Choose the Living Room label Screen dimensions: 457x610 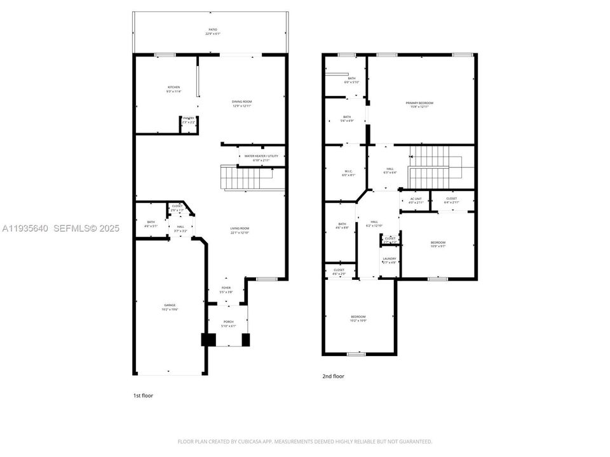(240, 230)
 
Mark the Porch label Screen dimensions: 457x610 (227, 324)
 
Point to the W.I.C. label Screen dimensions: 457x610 (348, 172)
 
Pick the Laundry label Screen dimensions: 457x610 (390, 260)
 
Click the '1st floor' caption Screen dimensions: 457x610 (143, 395)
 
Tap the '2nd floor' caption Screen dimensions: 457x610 (333, 376)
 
